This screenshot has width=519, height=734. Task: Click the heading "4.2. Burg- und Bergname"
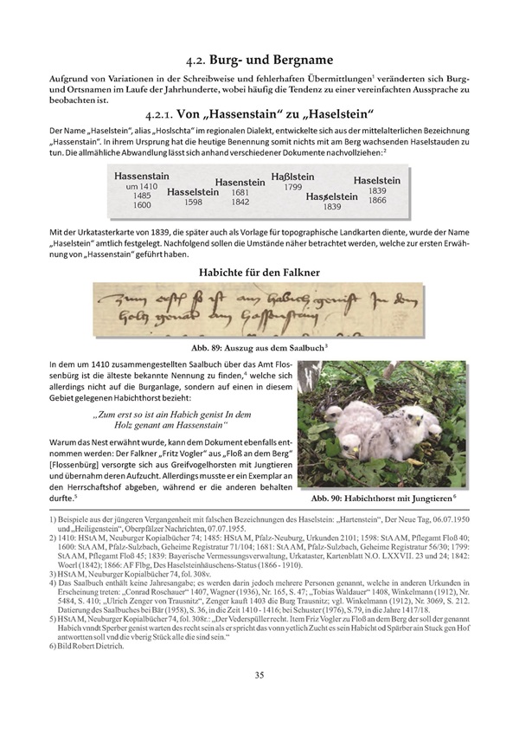coord(259,60)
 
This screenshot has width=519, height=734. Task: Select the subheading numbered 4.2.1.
coord(259,113)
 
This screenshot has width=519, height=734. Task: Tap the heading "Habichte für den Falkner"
coord(259,273)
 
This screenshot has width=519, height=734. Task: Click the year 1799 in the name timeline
coord(292,187)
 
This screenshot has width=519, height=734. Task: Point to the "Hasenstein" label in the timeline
coord(240,182)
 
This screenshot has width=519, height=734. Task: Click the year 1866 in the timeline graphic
coord(377,200)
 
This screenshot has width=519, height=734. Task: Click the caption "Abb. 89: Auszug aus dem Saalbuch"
coord(259,345)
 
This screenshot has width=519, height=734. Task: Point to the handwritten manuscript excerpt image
coord(259,311)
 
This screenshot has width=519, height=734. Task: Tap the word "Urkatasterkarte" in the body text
coord(113,234)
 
